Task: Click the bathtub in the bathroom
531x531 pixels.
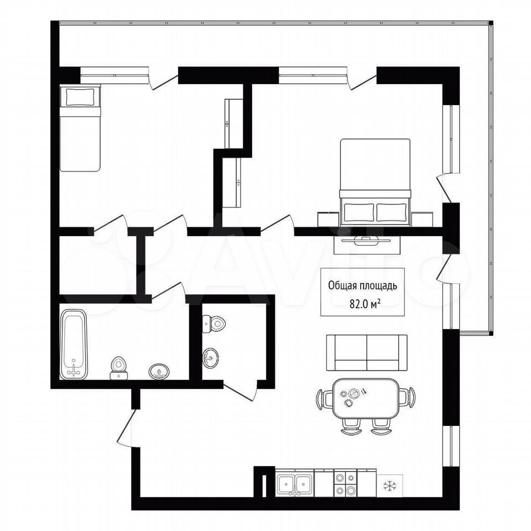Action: click(74, 344)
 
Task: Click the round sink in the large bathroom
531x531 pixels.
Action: click(159, 372)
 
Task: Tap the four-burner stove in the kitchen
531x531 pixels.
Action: click(345, 483)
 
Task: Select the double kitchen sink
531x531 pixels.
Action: click(295, 483)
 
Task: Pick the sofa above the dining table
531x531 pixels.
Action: click(367, 352)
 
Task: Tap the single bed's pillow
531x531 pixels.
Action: click(80, 97)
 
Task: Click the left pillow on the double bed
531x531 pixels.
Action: click(360, 212)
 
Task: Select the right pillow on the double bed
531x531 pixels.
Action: click(392, 212)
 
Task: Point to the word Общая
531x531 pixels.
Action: click(343, 286)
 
